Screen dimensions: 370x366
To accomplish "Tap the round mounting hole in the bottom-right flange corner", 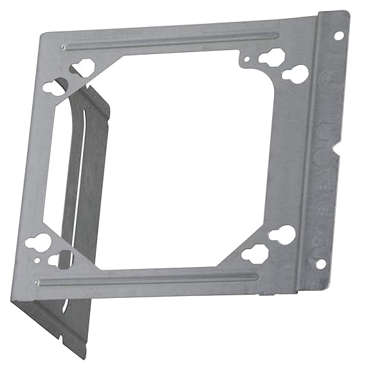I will click(x=320, y=263).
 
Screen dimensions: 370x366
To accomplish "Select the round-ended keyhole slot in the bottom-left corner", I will click(x=35, y=244).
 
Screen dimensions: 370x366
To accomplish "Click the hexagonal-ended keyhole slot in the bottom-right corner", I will click(x=255, y=252).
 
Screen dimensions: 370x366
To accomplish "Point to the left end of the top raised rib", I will click(x=64, y=47).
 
